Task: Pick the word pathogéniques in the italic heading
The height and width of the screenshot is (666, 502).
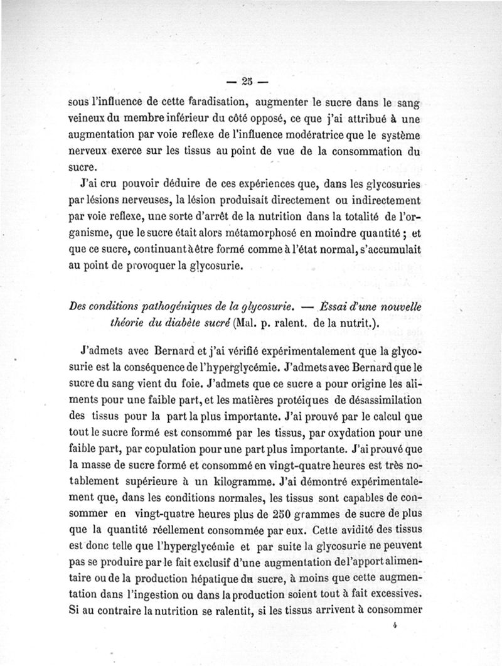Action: tap(184, 306)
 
